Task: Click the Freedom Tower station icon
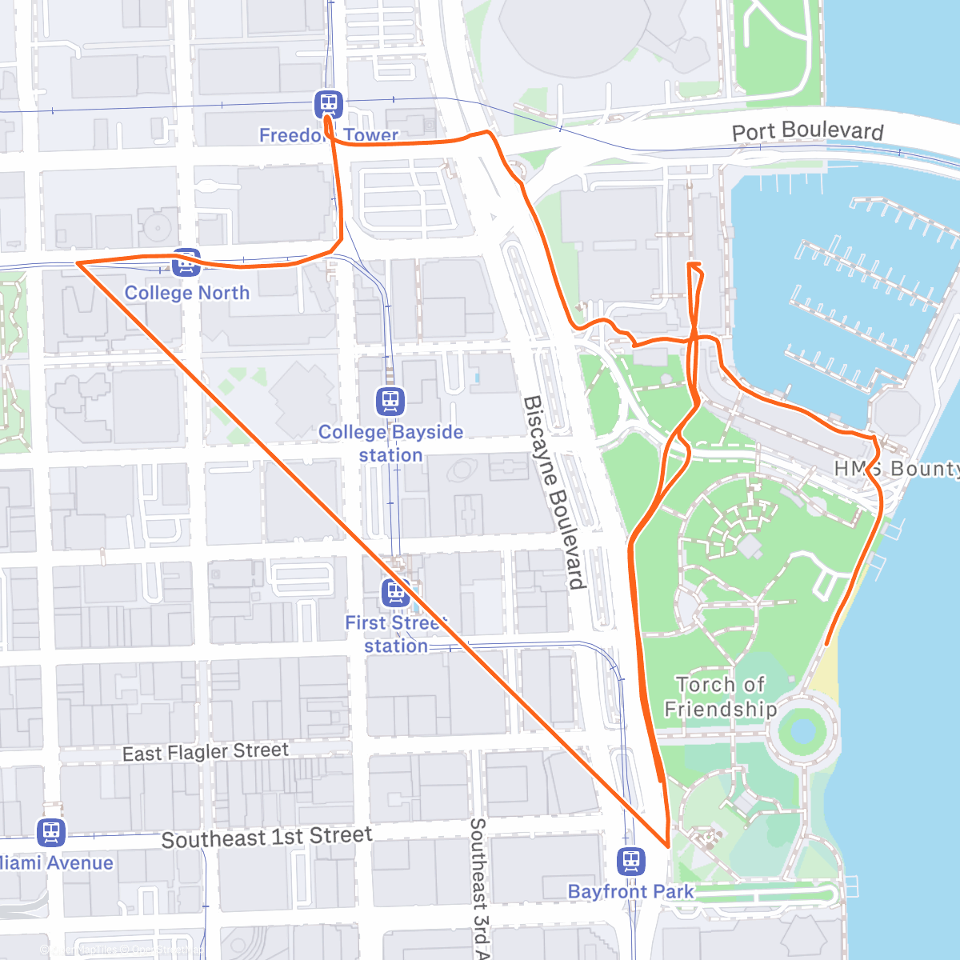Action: coord(328,103)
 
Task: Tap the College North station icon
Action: coord(186,262)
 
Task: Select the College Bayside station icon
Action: coord(390,401)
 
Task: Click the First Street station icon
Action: coord(396,593)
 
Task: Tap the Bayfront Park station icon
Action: coord(631,862)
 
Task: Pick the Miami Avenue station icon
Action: coord(51,832)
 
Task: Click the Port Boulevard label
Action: coord(807,131)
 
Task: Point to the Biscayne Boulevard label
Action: coord(554,492)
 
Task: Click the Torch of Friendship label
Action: coord(720,697)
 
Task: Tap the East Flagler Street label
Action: coord(205,752)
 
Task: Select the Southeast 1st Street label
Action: coord(266,838)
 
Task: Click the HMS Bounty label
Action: coord(896,469)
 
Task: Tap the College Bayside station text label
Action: coord(390,443)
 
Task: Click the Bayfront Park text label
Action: coord(631,891)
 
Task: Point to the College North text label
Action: coord(186,293)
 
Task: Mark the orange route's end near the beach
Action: coord(826,643)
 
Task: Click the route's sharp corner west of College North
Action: coord(78,262)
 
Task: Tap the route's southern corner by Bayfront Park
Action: coord(668,845)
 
